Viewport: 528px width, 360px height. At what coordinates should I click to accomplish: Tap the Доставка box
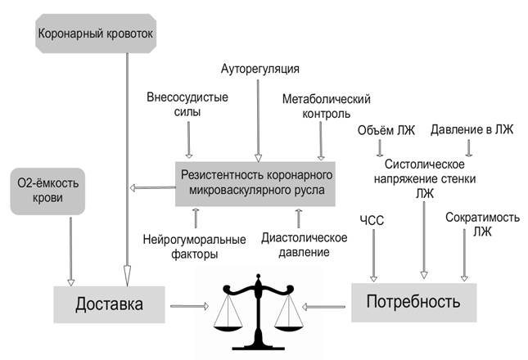pos(109,304)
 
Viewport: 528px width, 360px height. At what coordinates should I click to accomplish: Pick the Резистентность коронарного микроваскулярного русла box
pos(256,184)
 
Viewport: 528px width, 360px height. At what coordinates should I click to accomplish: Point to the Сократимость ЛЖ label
pos(473,225)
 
